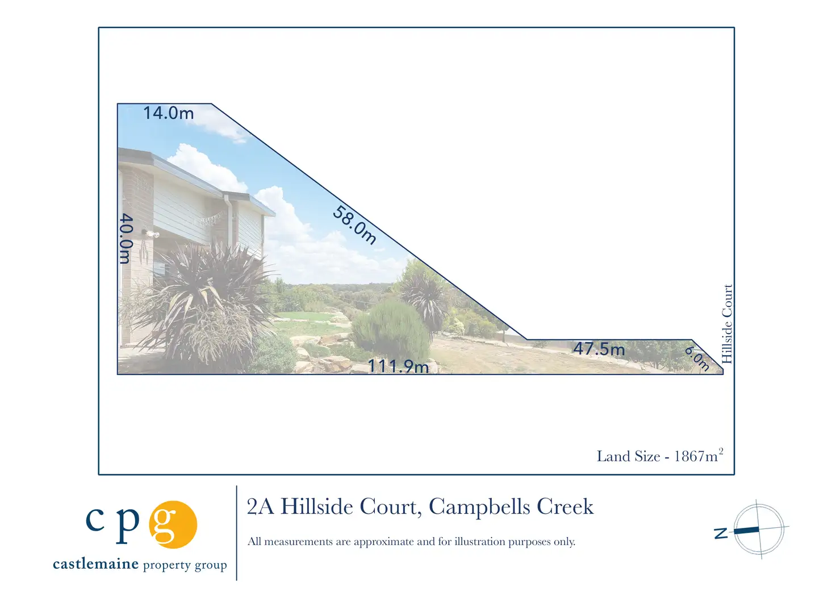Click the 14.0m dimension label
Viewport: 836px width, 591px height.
point(169,113)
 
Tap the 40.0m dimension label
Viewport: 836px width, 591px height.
point(126,239)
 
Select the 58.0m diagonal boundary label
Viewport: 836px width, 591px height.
point(354,225)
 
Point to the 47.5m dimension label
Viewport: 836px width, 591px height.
point(599,349)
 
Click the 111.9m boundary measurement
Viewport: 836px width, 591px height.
point(398,366)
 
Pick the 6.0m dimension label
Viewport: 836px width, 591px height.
point(697,359)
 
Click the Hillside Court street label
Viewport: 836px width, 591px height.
point(727,324)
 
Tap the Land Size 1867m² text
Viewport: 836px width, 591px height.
point(660,456)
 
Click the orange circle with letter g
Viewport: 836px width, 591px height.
point(173,524)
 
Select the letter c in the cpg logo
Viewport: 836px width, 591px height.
point(95,519)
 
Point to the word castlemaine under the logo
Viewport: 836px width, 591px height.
point(95,564)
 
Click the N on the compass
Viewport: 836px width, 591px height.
point(721,533)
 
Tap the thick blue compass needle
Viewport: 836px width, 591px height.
point(746,530)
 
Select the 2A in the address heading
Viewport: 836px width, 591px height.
point(261,507)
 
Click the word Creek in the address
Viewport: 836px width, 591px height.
point(565,507)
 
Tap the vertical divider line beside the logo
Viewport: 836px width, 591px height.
point(237,533)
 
